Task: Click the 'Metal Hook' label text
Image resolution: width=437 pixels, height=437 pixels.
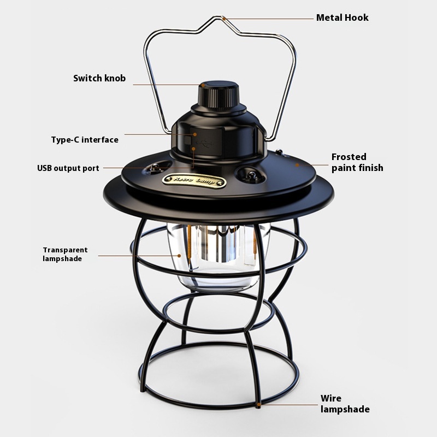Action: click(x=342, y=17)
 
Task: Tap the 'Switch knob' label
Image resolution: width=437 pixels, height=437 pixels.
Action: click(x=99, y=78)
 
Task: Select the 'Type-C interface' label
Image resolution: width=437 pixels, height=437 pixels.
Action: click(x=85, y=139)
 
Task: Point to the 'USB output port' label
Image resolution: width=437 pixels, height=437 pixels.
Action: click(x=68, y=168)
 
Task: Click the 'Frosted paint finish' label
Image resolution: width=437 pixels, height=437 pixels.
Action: click(x=357, y=162)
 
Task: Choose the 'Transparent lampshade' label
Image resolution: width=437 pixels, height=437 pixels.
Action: click(x=65, y=254)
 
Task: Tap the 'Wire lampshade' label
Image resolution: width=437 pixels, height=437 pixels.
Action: click(x=345, y=404)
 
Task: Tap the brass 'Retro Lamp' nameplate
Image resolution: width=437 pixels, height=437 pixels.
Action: click(x=194, y=181)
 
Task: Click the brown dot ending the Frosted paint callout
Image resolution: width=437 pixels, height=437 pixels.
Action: click(x=297, y=165)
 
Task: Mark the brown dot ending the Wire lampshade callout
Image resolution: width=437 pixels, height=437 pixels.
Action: click(x=258, y=404)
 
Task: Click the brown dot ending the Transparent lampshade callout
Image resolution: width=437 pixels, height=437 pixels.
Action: click(x=179, y=255)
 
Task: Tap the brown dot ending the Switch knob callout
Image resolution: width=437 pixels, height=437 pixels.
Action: click(x=203, y=85)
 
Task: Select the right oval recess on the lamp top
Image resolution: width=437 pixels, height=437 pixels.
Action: click(x=250, y=174)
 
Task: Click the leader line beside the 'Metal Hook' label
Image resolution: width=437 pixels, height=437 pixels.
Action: click(x=269, y=19)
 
